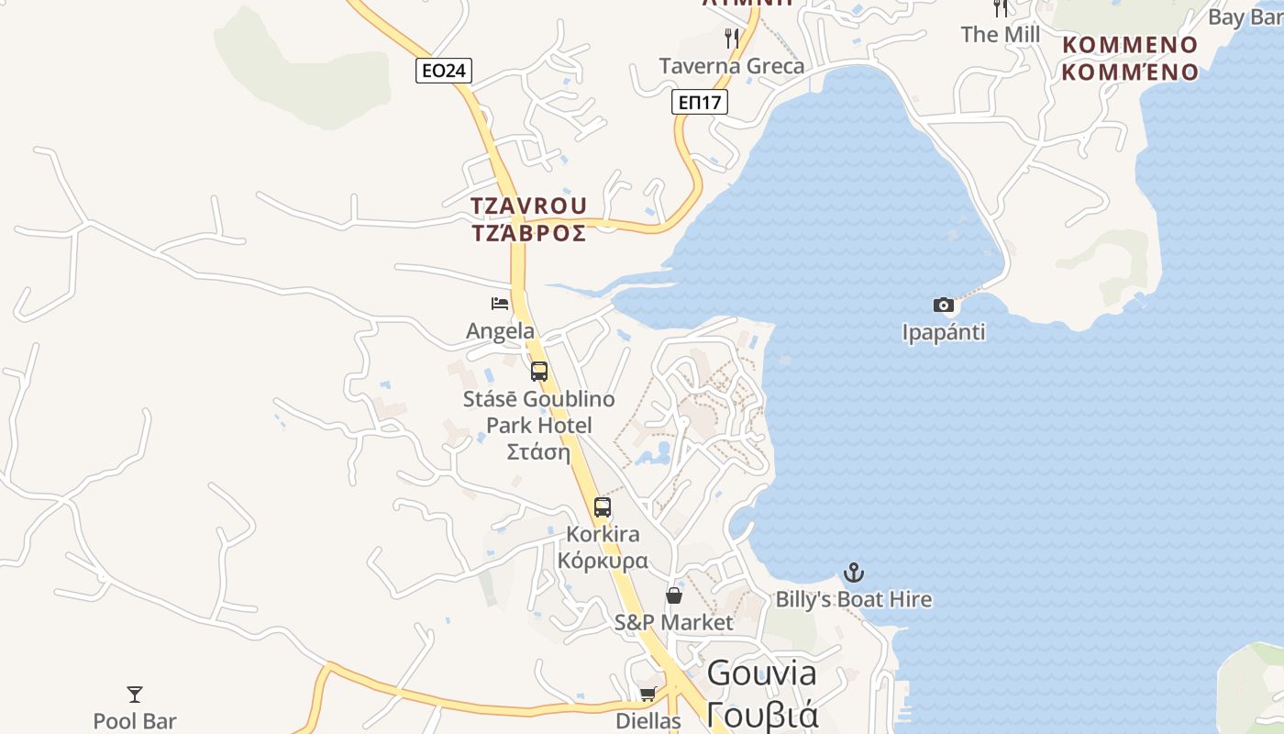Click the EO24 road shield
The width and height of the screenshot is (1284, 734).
pos(444,71)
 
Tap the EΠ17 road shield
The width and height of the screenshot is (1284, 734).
pos(700,102)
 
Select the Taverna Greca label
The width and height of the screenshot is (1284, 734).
pos(732,66)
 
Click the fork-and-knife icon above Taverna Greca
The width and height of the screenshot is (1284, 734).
pos(731,39)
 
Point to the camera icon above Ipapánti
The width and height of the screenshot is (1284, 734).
pos(943,306)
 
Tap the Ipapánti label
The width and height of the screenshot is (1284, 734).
pos(943,332)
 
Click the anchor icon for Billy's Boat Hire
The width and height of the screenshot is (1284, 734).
pos(854,573)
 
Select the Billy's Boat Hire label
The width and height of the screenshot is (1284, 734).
pos(854,600)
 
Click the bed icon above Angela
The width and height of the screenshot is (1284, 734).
pos(500,304)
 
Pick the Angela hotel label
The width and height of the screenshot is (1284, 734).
pos(500,331)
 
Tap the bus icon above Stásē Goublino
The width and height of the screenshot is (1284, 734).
pos(539,372)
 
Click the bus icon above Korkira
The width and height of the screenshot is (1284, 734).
pos(603,507)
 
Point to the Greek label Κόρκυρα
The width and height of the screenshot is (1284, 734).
pos(603,561)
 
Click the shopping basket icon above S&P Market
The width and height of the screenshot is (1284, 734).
pos(674,595)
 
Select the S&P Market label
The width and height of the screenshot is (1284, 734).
pos(674,623)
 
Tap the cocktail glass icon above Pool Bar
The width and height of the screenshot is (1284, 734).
pos(135,695)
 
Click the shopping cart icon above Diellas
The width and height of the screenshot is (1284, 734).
pos(648,695)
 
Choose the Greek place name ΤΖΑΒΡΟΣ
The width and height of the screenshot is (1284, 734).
pos(529,233)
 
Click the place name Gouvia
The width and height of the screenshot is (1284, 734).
pos(761,673)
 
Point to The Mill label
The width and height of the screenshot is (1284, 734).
pos(1000,35)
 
